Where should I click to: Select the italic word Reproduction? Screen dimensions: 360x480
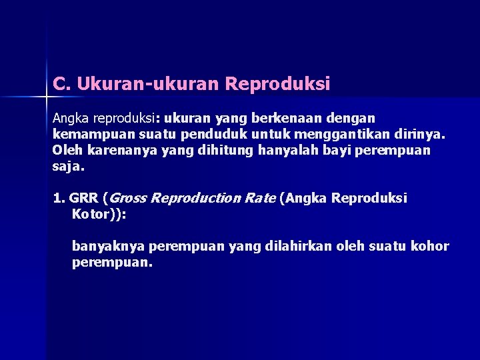(x=197, y=198)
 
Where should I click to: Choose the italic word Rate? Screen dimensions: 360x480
(x=260, y=198)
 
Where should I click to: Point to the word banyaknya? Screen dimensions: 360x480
(x=108, y=247)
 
